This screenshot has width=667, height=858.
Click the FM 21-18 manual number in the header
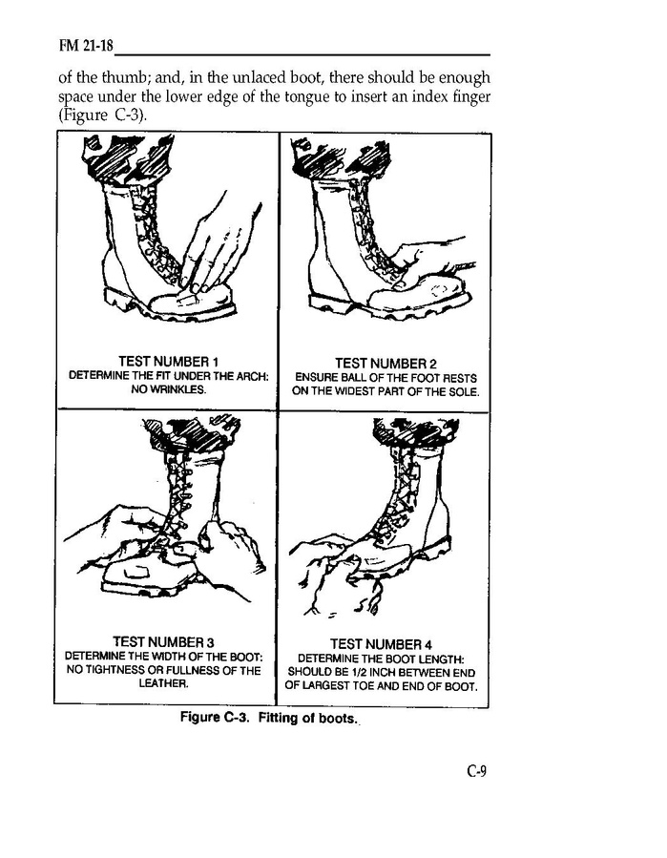pos(86,46)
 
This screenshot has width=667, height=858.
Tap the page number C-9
pos(476,771)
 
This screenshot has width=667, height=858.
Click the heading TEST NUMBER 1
pos(169,361)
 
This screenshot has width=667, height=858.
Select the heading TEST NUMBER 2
pos(386,364)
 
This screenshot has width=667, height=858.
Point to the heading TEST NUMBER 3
pos(163,641)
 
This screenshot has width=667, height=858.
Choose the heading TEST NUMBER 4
pos(382,644)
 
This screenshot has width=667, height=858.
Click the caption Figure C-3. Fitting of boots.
pos(269,718)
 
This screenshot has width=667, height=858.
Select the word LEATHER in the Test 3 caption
pos(162,683)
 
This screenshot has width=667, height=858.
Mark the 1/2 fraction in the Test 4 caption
pos(376,672)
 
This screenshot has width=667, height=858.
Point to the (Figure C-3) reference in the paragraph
pos(102,115)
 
